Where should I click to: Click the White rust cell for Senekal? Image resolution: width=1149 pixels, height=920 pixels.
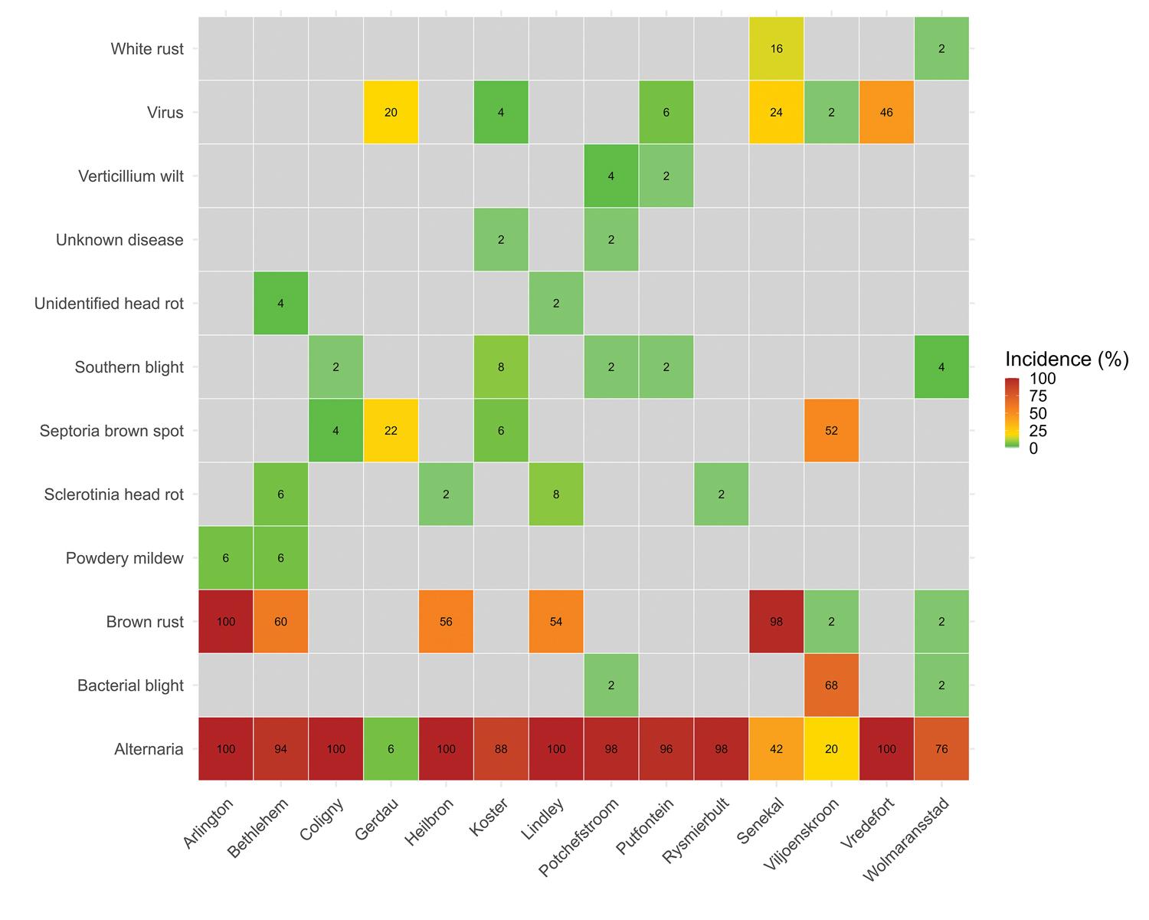(x=777, y=49)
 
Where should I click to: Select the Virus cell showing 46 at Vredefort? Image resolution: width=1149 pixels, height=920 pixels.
(x=886, y=113)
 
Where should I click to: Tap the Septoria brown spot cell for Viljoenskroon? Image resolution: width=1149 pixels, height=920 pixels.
(x=831, y=431)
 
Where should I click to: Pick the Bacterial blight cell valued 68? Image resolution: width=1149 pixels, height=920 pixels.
(x=831, y=685)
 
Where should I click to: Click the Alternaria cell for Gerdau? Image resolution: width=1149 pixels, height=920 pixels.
(x=391, y=749)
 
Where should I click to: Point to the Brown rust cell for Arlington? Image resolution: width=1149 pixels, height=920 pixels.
(x=226, y=622)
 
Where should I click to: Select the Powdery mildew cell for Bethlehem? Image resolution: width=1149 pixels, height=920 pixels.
(x=281, y=558)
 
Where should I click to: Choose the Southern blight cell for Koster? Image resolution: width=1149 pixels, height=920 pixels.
(x=501, y=367)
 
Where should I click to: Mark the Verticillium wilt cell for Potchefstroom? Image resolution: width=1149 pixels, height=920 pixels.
(x=611, y=176)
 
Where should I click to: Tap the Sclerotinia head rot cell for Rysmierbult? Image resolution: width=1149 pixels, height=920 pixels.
(x=721, y=495)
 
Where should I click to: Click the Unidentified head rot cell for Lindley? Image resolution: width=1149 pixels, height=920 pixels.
(x=556, y=304)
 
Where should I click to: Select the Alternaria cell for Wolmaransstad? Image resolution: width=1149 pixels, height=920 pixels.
(x=941, y=749)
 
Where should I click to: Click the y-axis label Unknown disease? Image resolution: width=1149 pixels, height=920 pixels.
(x=119, y=240)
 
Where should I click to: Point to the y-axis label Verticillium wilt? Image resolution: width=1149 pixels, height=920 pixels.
(x=131, y=176)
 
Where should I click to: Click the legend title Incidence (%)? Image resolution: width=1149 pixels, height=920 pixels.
(x=1066, y=359)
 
